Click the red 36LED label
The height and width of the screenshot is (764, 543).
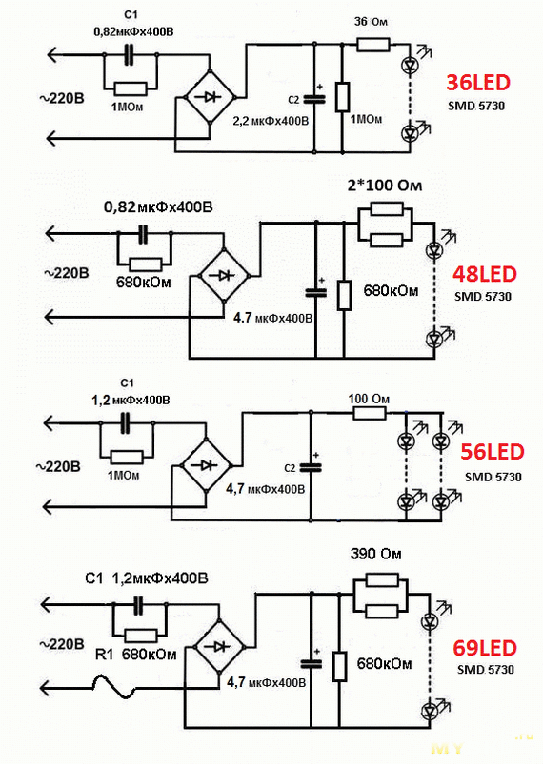point(478,83)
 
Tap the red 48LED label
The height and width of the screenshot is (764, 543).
point(485,274)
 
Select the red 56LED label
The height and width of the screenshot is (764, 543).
point(493,452)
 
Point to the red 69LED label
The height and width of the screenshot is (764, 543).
point(485,649)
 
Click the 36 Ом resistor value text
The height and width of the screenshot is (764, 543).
point(371,22)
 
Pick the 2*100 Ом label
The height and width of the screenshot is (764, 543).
point(385,186)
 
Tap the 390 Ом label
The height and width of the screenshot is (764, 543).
point(375,554)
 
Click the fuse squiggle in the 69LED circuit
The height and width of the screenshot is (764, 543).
point(114,687)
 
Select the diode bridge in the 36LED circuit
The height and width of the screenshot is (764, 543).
point(210,97)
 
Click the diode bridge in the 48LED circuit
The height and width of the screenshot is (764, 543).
point(224,276)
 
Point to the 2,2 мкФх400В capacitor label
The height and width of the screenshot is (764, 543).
point(271,121)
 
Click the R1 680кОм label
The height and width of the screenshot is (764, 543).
point(135,654)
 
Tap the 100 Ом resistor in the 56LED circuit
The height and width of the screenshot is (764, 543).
point(370,414)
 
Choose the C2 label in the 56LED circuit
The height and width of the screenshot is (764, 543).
point(290,468)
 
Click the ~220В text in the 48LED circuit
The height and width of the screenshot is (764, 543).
point(67,273)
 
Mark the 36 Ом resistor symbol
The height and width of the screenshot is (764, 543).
point(373,46)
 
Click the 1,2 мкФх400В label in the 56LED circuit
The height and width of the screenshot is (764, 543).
point(131,401)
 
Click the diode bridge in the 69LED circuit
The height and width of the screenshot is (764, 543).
point(218,647)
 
